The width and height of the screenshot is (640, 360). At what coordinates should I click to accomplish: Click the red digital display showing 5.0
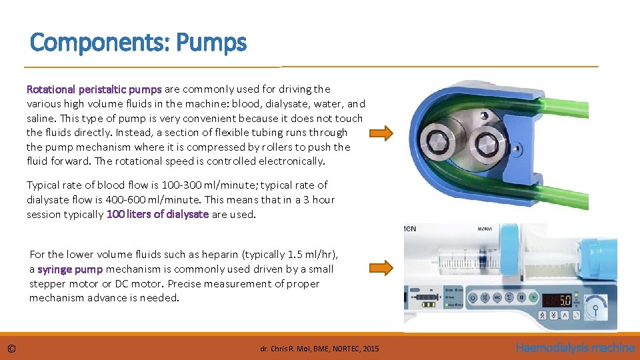(x=557, y=299)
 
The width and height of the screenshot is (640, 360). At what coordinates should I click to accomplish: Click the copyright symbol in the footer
(x=11, y=349)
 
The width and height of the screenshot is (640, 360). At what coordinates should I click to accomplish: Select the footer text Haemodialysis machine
(x=575, y=348)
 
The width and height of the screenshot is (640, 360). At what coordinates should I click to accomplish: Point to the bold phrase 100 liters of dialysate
(x=157, y=214)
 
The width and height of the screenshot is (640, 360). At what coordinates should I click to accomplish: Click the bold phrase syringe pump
(x=69, y=269)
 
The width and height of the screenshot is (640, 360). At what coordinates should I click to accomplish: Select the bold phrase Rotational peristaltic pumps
(x=93, y=89)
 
